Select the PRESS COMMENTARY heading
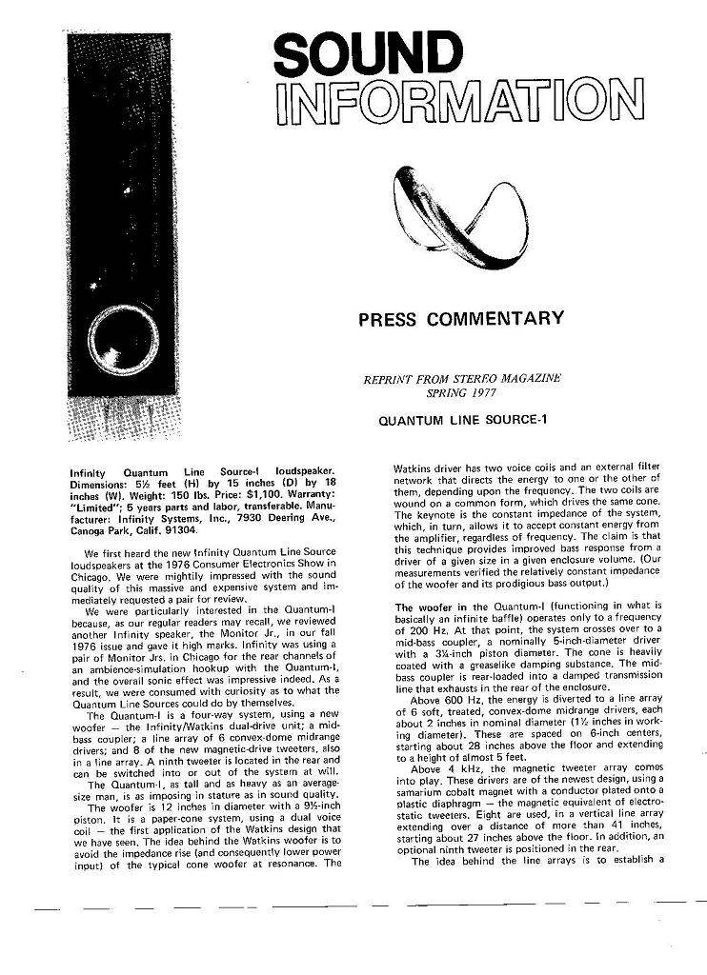point(461,319)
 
